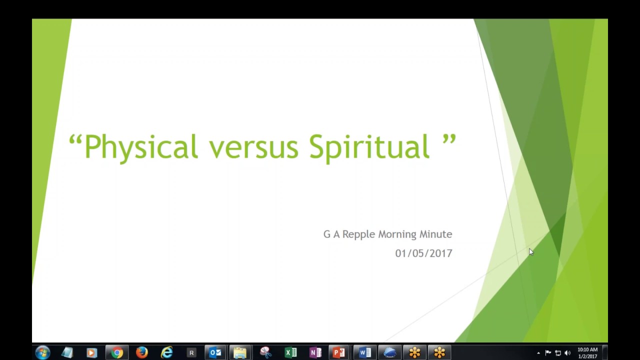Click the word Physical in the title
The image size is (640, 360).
coord(141,147)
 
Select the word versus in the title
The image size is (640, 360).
coord(253,147)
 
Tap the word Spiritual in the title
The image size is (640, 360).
coord(369,147)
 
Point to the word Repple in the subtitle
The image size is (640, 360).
coord(358,234)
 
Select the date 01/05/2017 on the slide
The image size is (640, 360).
coord(423,253)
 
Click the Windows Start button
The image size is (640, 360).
coord(42,352)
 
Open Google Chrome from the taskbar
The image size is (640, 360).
coord(117,353)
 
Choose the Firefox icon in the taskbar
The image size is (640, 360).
coord(142,353)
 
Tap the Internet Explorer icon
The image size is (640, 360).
coord(166,353)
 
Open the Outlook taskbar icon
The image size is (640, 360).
coord(215,353)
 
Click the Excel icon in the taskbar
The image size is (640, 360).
coord(290,353)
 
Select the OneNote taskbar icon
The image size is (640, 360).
coord(315,353)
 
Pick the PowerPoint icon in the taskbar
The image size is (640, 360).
coord(339,353)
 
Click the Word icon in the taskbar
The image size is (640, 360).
coord(365,353)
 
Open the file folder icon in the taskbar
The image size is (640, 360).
coord(240,353)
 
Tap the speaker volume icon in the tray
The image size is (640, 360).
coord(567,353)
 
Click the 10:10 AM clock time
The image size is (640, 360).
coord(587,350)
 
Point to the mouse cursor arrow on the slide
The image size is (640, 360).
coord(530,252)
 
